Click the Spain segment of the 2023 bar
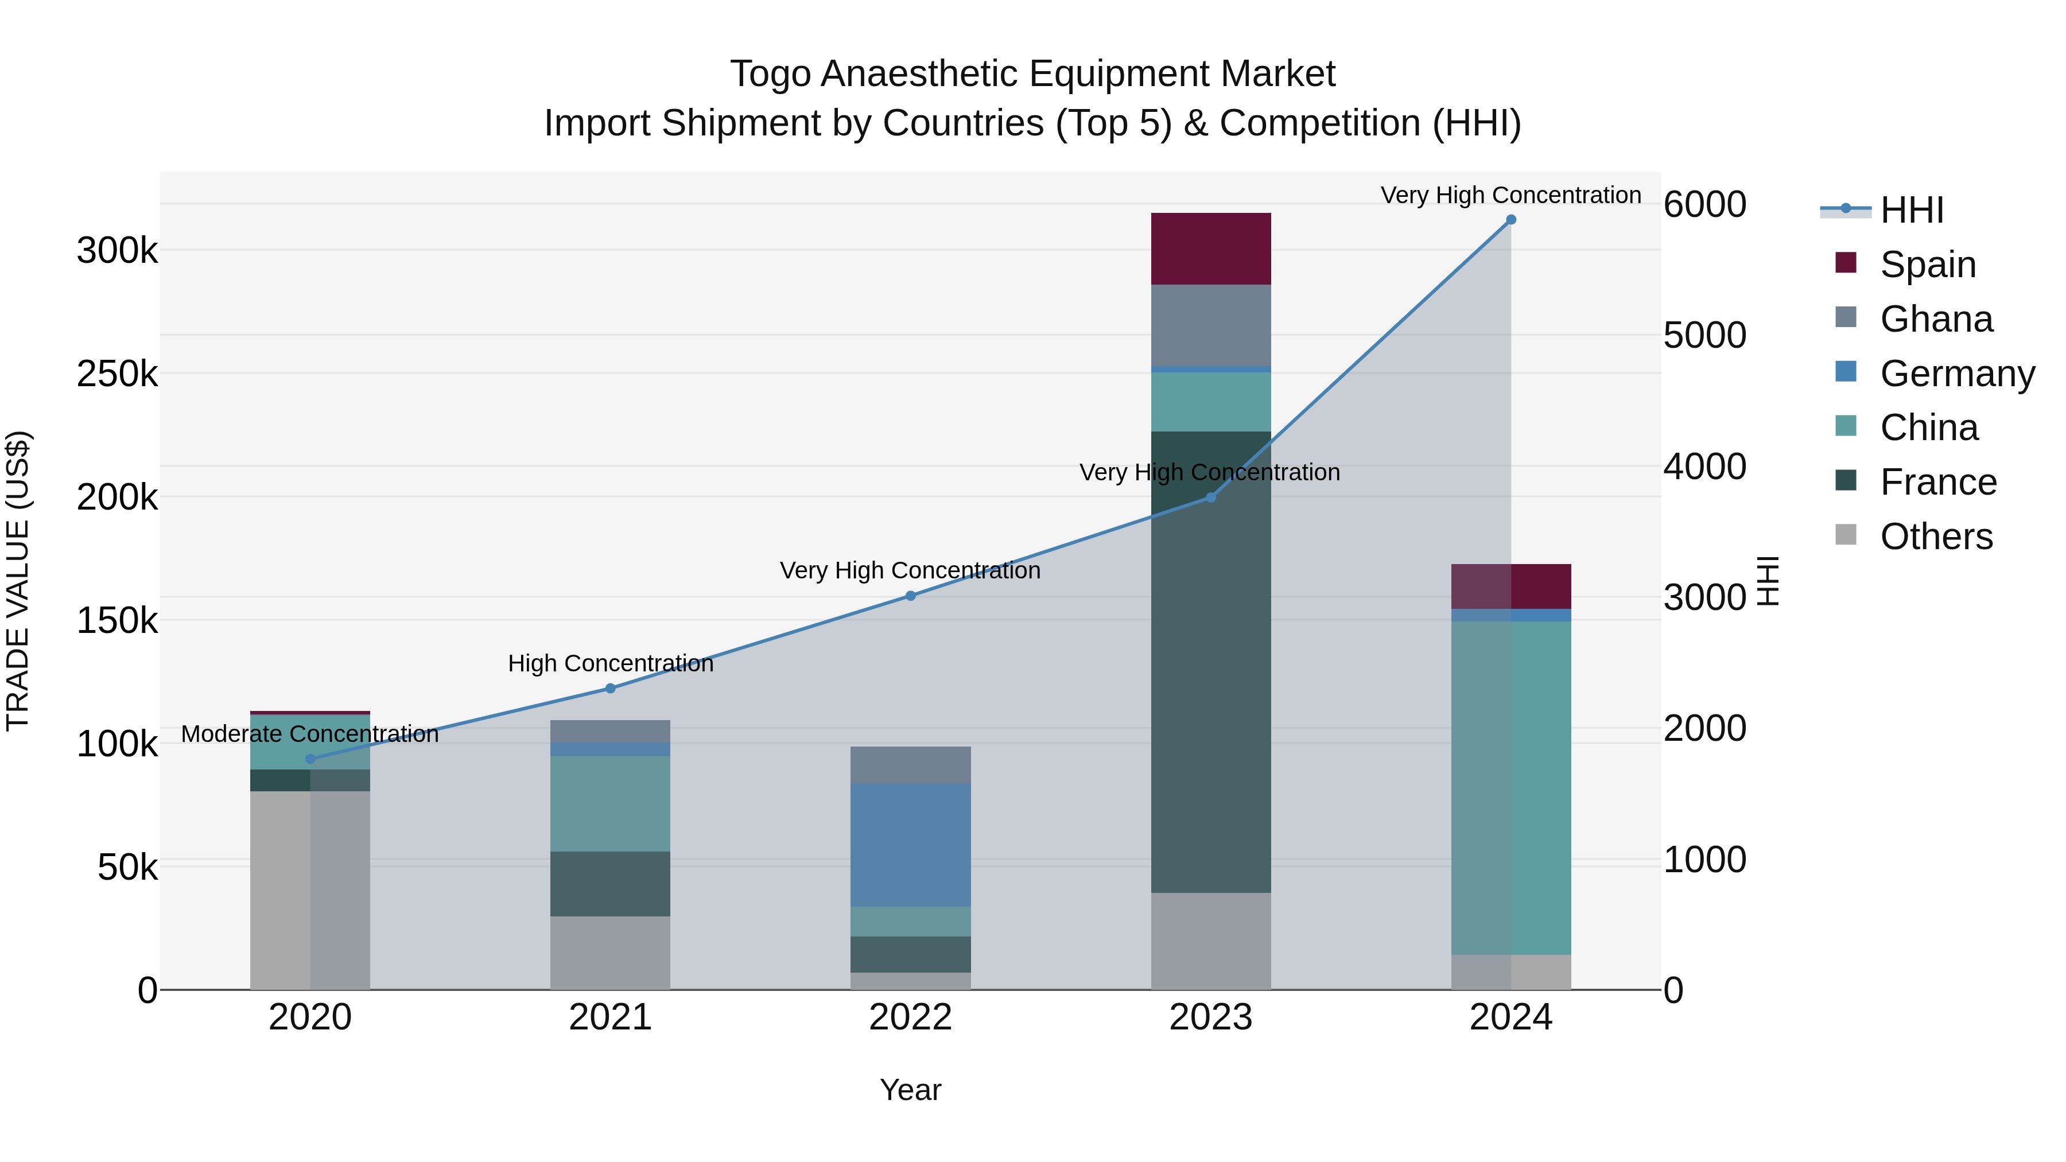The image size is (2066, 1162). tap(1210, 248)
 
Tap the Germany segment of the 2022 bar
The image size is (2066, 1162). tap(910, 845)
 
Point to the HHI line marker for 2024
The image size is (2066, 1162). tap(1511, 220)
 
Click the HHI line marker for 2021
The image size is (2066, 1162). tap(611, 688)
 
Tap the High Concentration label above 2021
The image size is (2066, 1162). tap(611, 663)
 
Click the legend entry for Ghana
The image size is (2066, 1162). tap(1935, 319)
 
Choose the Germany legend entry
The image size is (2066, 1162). tap(1957, 374)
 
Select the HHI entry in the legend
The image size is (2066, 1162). tap(1911, 210)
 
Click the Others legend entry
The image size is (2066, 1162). tap(1935, 537)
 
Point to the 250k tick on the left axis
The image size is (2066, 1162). tap(117, 374)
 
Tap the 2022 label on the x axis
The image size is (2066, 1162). tap(910, 1017)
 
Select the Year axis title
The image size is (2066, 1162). tap(910, 1090)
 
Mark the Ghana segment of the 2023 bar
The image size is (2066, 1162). tap(1210, 325)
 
